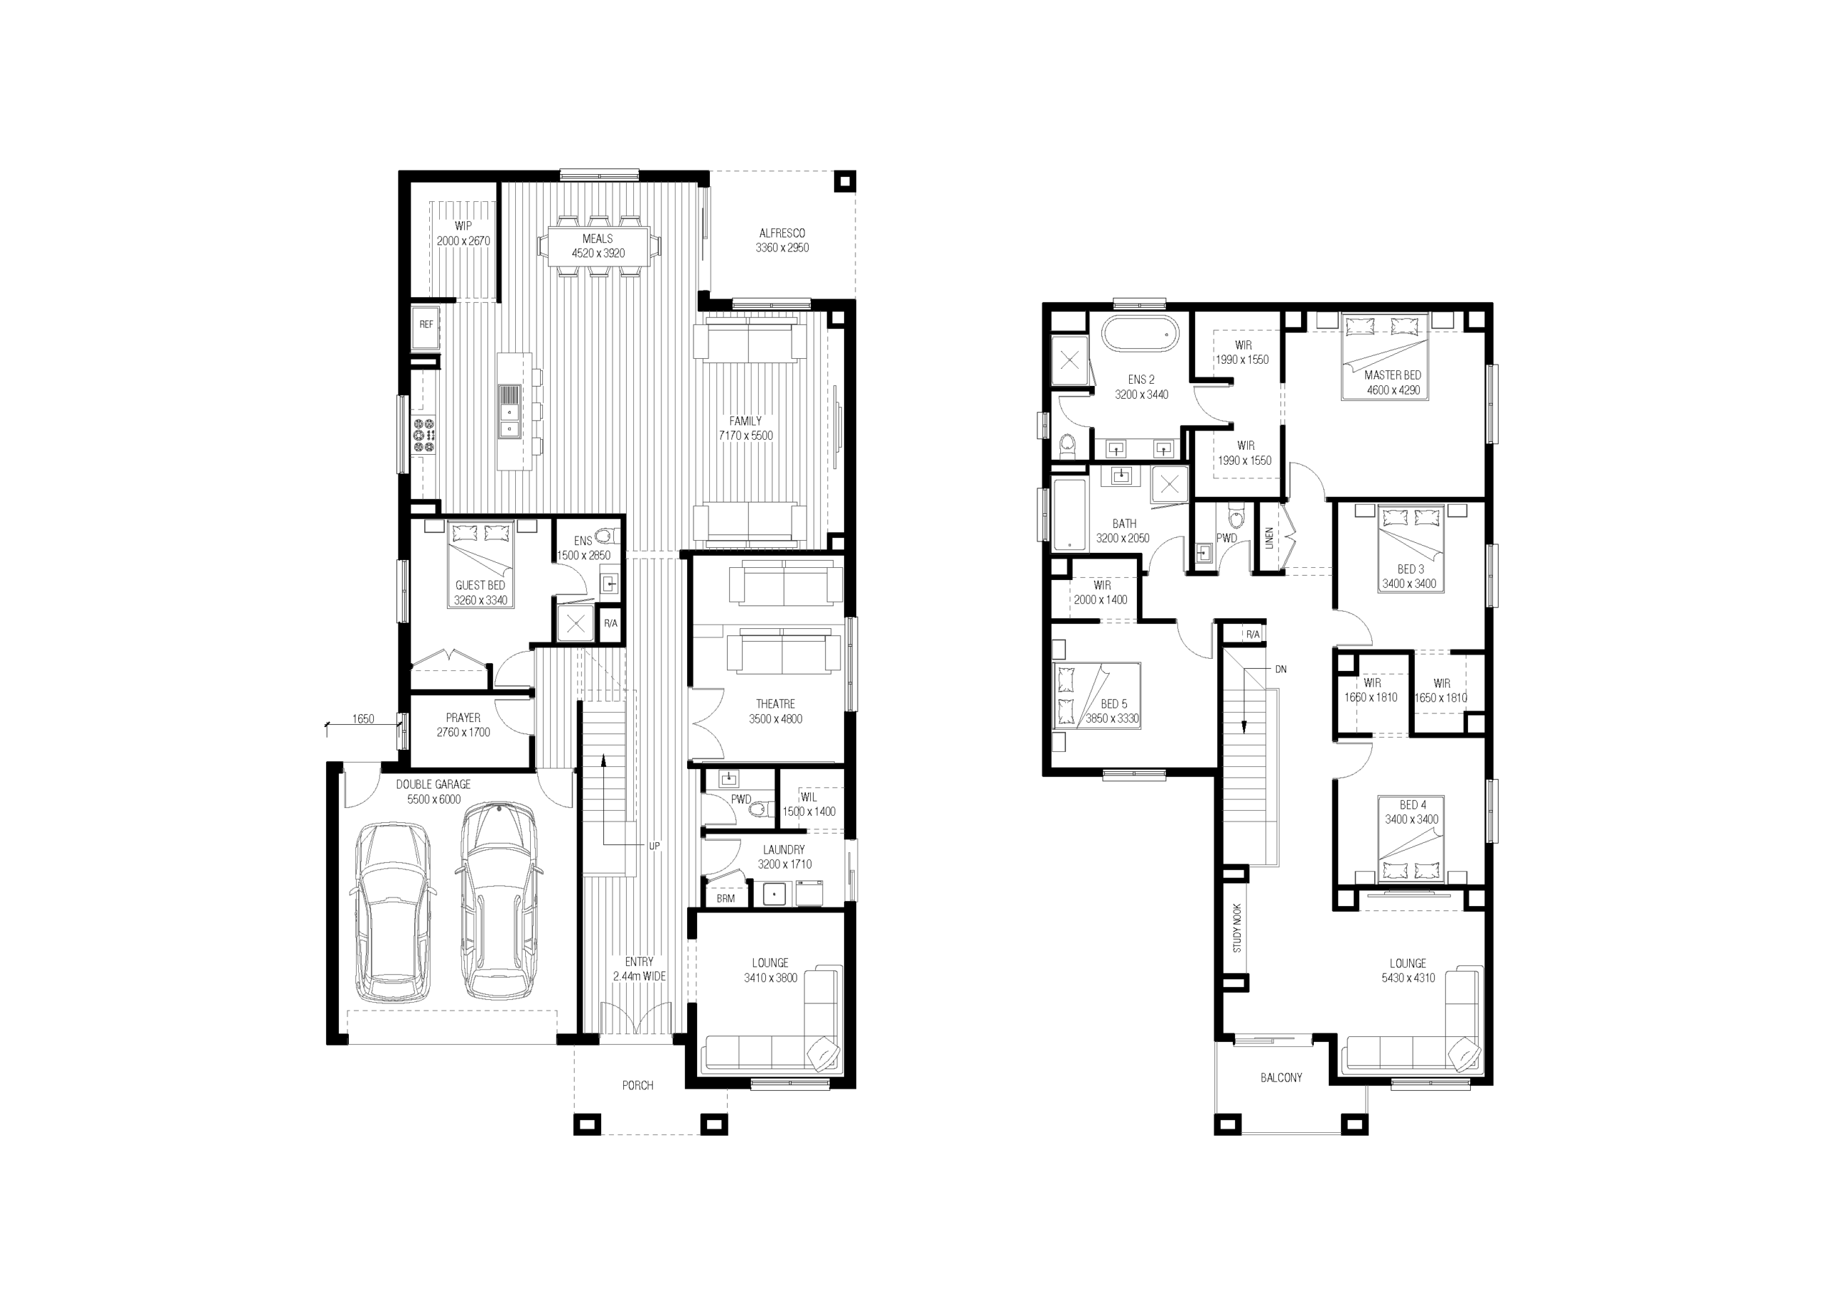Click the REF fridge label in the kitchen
point(426,324)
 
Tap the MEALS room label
point(597,238)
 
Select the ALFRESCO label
point(782,233)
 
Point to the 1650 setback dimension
point(363,719)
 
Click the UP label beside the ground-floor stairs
point(654,846)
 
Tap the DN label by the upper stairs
point(1280,669)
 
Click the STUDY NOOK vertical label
point(1237,928)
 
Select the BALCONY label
point(1281,1077)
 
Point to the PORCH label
point(638,1085)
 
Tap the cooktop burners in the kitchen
point(423,435)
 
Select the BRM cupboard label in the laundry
point(725,899)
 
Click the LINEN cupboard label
point(1269,539)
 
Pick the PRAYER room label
point(464,718)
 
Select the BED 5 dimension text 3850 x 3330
point(1112,719)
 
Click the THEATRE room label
point(776,703)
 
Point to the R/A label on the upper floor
point(1252,635)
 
